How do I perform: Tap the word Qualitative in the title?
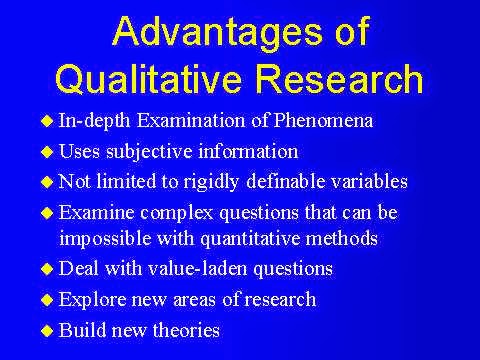tap(148, 79)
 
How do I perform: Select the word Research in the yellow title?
tap(339, 77)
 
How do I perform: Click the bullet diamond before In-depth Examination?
tap(47, 121)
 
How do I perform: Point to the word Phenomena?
tap(323, 120)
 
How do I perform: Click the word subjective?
tap(149, 152)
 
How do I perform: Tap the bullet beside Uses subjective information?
tap(47, 152)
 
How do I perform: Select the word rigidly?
tap(211, 183)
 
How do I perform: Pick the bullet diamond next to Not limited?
tap(47, 182)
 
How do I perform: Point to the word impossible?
tap(105, 239)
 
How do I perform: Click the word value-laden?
tap(197, 268)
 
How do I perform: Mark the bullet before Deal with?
tap(47, 269)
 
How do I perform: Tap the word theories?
tap(186, 330)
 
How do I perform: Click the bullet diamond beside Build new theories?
tap(47, 331)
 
